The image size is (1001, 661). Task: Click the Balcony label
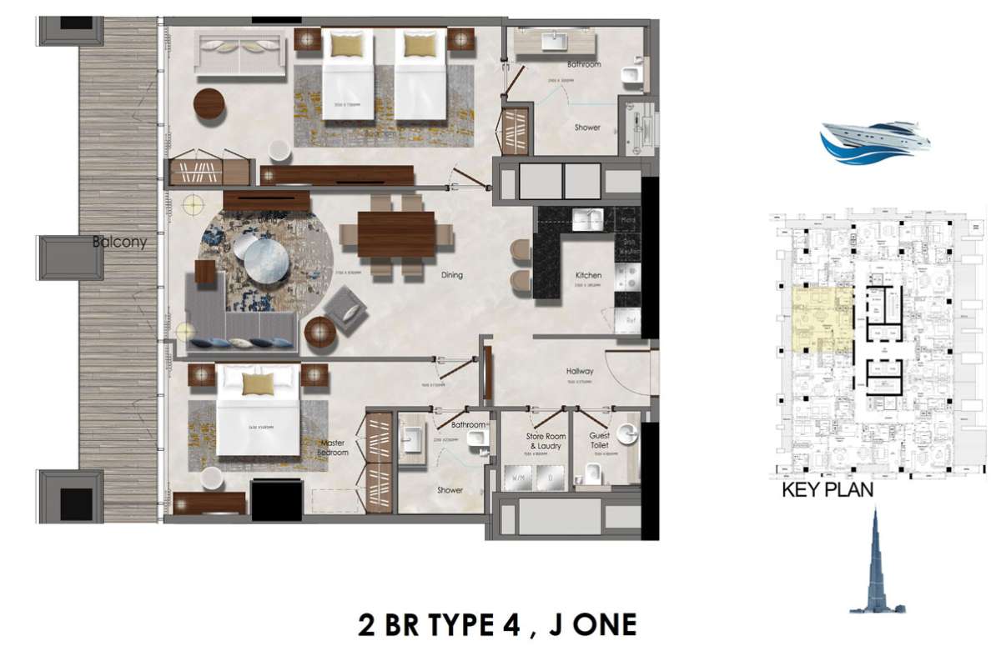[119, 243]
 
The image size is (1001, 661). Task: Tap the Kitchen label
[588, 275]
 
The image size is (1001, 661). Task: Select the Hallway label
[579, 372]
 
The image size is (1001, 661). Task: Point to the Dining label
[452, 274]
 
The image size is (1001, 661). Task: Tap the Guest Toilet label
[599, 441]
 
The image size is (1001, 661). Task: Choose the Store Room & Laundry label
[546, 441]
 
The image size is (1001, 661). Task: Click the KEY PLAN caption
[827, 490]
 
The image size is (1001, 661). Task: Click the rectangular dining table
[397, 235]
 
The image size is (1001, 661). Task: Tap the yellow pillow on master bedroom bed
[258, 383]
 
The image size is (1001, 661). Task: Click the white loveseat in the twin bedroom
[240, 53]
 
